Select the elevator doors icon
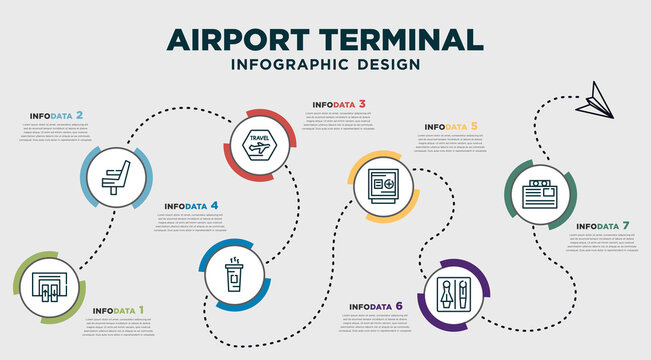click(x=49, y=287)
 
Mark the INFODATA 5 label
click(x=451, y=127)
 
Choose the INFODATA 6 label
click(x=375, y=306)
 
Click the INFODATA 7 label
click(x=604, y=227)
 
